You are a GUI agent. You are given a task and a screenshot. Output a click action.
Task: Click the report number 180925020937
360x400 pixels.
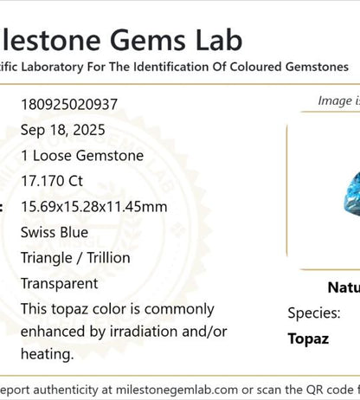tap(69, 105)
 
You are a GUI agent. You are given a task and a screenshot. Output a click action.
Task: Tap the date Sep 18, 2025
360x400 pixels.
tap(63, 131)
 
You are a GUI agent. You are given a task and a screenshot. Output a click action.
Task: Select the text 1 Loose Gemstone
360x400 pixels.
tap(82, 156)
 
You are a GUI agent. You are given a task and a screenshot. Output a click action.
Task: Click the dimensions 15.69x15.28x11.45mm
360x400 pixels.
tap(94, 207)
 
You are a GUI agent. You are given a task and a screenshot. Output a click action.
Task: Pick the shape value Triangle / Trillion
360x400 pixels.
tap(75, 258)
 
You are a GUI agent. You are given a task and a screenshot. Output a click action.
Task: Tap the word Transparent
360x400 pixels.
tap(60, 283)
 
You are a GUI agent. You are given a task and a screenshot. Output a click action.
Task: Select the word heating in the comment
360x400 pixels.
tap(47, 354)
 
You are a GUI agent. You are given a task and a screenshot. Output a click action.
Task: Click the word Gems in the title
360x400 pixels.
tap(155, 39)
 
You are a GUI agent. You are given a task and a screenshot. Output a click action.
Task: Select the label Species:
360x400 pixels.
tap(314, 313)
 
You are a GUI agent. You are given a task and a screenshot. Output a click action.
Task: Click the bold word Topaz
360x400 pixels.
tap(308, 339)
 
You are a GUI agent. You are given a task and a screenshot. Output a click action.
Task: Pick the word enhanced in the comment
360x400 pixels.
tap(53, 332)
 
